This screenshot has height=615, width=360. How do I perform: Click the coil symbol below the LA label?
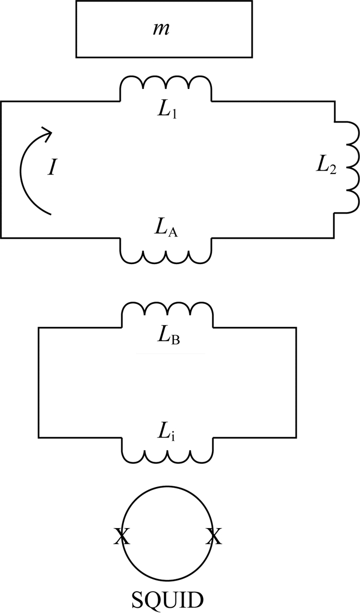(x=166, y=252)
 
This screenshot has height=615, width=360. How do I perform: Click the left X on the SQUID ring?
(x=121, y=537)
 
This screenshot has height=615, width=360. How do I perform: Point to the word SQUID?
(x=167, y=600)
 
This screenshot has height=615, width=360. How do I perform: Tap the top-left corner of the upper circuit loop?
(x=1, y=101)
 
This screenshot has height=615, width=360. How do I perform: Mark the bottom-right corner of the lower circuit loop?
(x=296, y=437)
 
